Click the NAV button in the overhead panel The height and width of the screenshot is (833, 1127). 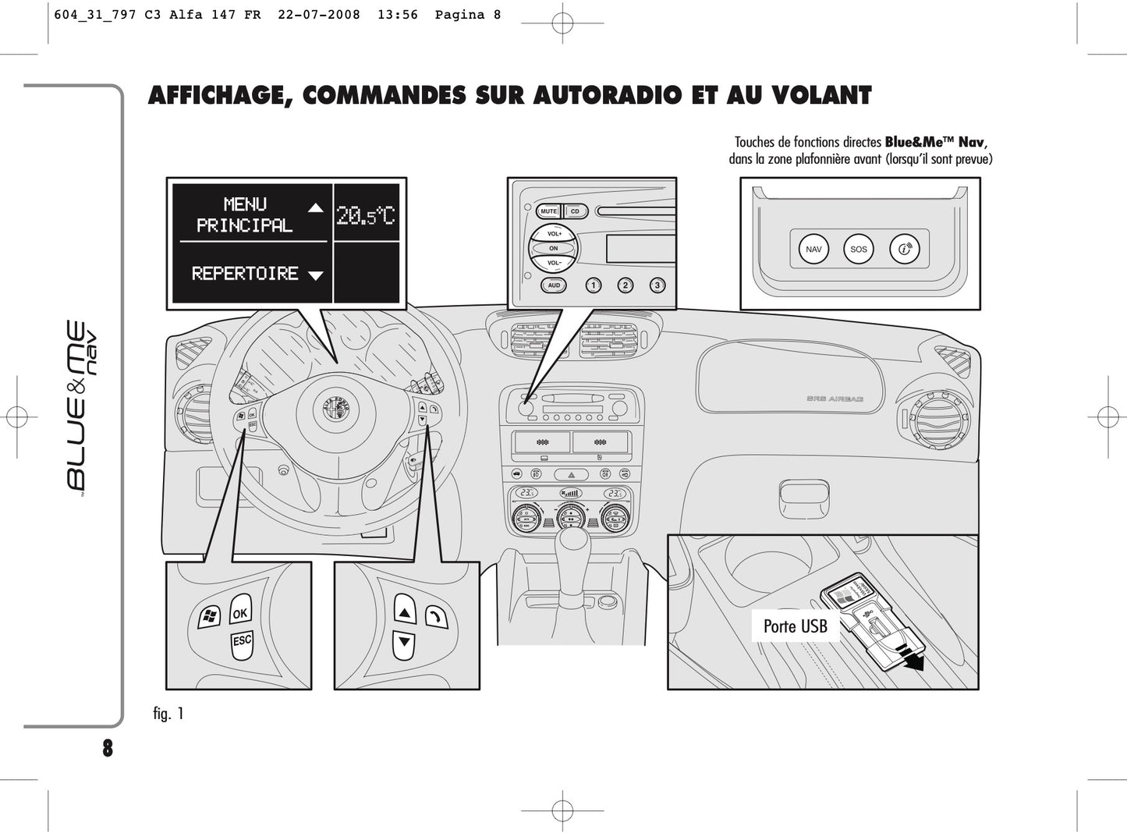point(813,250)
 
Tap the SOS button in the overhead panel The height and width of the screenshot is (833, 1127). point(858,250)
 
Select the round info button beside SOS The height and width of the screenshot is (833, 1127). point(904,250)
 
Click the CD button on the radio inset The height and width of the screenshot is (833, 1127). point(575,211)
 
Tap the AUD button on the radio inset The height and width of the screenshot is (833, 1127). point(554,285)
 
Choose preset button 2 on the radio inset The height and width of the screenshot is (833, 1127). point(625,285)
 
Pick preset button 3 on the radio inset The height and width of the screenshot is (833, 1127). point(657,285)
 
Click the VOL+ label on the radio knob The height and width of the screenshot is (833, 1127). point(554,234)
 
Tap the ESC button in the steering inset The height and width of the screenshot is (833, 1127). point(242,641)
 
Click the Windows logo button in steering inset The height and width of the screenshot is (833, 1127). point(208,618)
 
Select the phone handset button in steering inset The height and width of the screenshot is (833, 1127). point(437,617)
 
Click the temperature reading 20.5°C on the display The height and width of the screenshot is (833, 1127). point(366,214)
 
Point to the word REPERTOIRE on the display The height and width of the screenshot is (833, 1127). point(245,274)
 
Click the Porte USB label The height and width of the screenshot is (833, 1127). point(795,626)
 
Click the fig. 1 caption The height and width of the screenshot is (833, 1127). point(168,714)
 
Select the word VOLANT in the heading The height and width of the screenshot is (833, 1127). point(822,96)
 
